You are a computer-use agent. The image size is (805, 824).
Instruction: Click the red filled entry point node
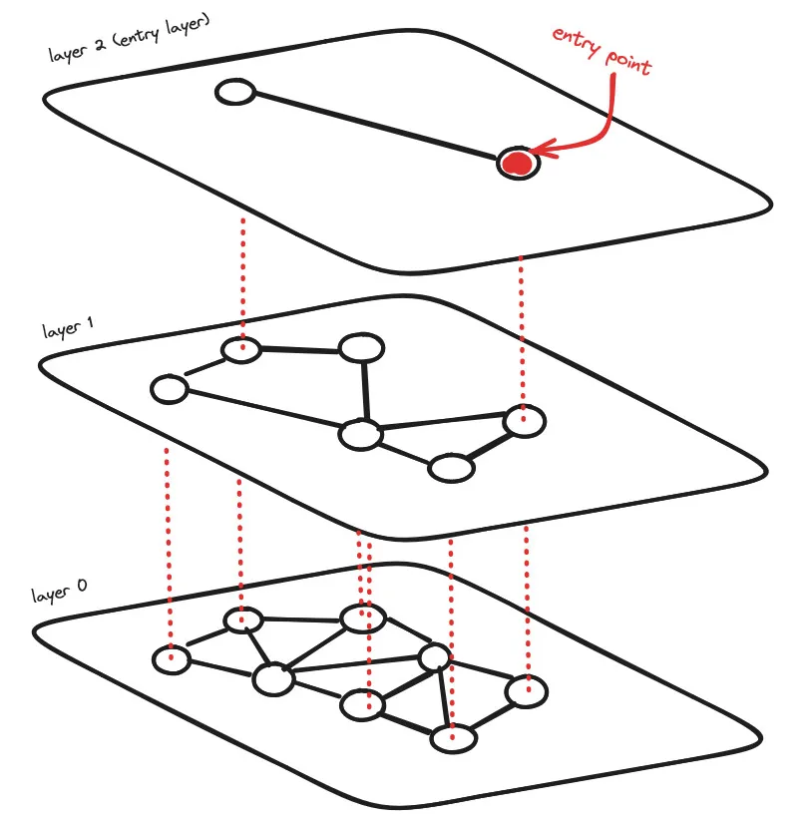pos(517,163)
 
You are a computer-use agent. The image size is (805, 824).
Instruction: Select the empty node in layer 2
pos(235,94)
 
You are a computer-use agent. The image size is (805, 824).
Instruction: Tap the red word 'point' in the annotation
pos(627,61)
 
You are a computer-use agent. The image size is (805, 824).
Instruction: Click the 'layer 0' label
pos(58,595)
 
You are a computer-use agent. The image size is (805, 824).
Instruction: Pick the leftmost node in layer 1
pos(171,389)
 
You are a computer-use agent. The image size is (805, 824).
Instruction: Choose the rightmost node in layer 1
pos(524,422)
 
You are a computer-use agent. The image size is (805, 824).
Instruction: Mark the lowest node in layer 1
pos(451,468)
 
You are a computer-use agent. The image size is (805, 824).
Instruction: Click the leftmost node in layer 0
pos(171,659)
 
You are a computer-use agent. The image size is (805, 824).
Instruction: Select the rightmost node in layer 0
pos(526,690)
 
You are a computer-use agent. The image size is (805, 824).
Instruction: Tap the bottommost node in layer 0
pos(453,739)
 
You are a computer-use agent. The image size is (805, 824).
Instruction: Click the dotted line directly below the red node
pos(521,329)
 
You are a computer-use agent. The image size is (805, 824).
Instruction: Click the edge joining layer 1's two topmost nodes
pos(300,350)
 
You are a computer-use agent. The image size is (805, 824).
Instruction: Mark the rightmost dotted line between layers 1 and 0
pos(526,599)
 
